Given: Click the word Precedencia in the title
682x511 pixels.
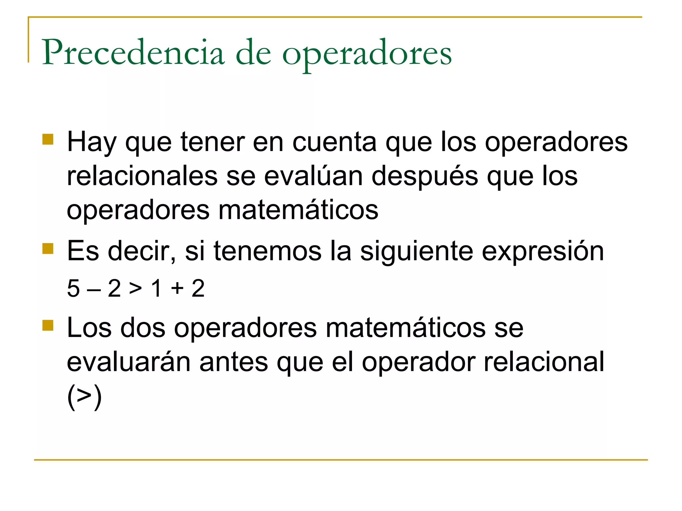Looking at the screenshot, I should point(133,53).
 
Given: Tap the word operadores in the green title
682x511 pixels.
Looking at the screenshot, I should point(367,55).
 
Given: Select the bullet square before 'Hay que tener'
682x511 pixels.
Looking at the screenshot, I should point(48,139).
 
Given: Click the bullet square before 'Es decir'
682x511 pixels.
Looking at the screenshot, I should point(48,249).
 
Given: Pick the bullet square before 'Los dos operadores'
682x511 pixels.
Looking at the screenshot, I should point(48,325).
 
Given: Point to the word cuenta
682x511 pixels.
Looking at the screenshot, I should point(334,142).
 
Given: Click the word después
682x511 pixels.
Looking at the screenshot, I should point(425,177).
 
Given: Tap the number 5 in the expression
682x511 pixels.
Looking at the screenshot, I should point(73,288).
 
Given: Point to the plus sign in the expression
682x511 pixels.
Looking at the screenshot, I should point(177,288).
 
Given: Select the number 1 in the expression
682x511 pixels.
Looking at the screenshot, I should point(157,288).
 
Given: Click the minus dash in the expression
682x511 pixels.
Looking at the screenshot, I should point(94,289).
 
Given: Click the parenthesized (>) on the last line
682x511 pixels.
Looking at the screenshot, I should point(84,397).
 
